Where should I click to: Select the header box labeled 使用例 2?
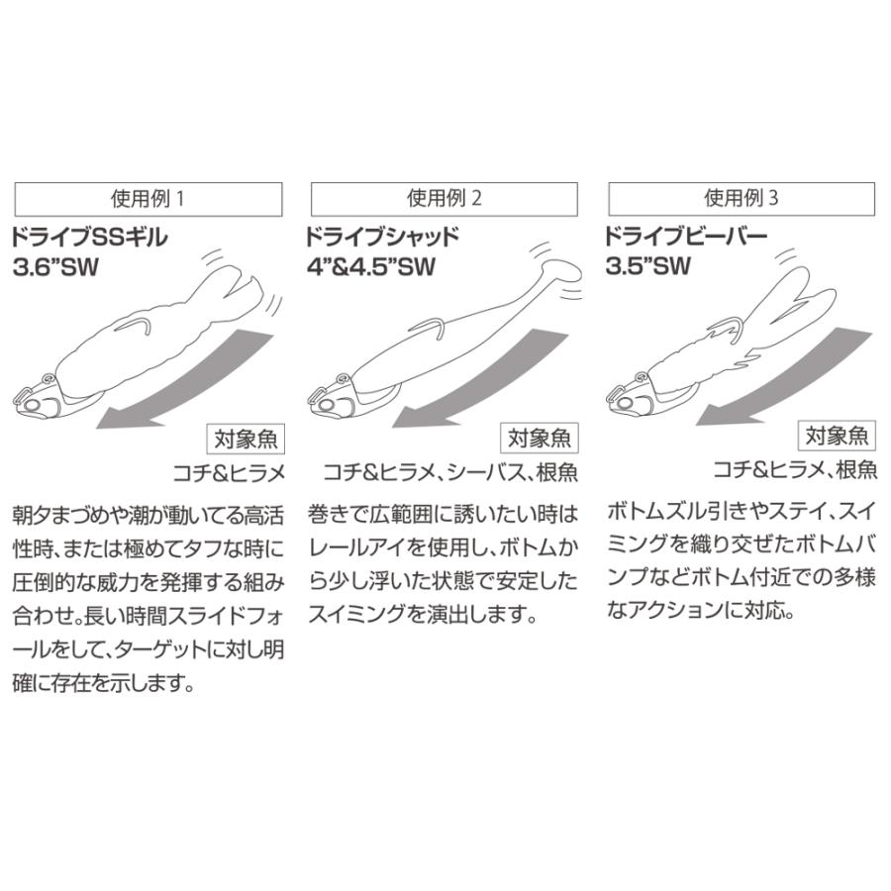pyautogui.click(x=445, y=197)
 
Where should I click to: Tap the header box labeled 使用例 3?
pyautogui.click(x=742, y=197)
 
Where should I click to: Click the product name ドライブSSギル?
pyautogui.click(x=90, y=237)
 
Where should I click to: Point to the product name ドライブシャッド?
pyautogui.click(x=382, y=237)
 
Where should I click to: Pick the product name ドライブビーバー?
pyautogui.click(x=685, y=237)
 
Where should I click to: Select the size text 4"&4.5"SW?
pyautogui.click(x=369, y=267)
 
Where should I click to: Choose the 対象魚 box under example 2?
pyautogui.click(x=541, y=437)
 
